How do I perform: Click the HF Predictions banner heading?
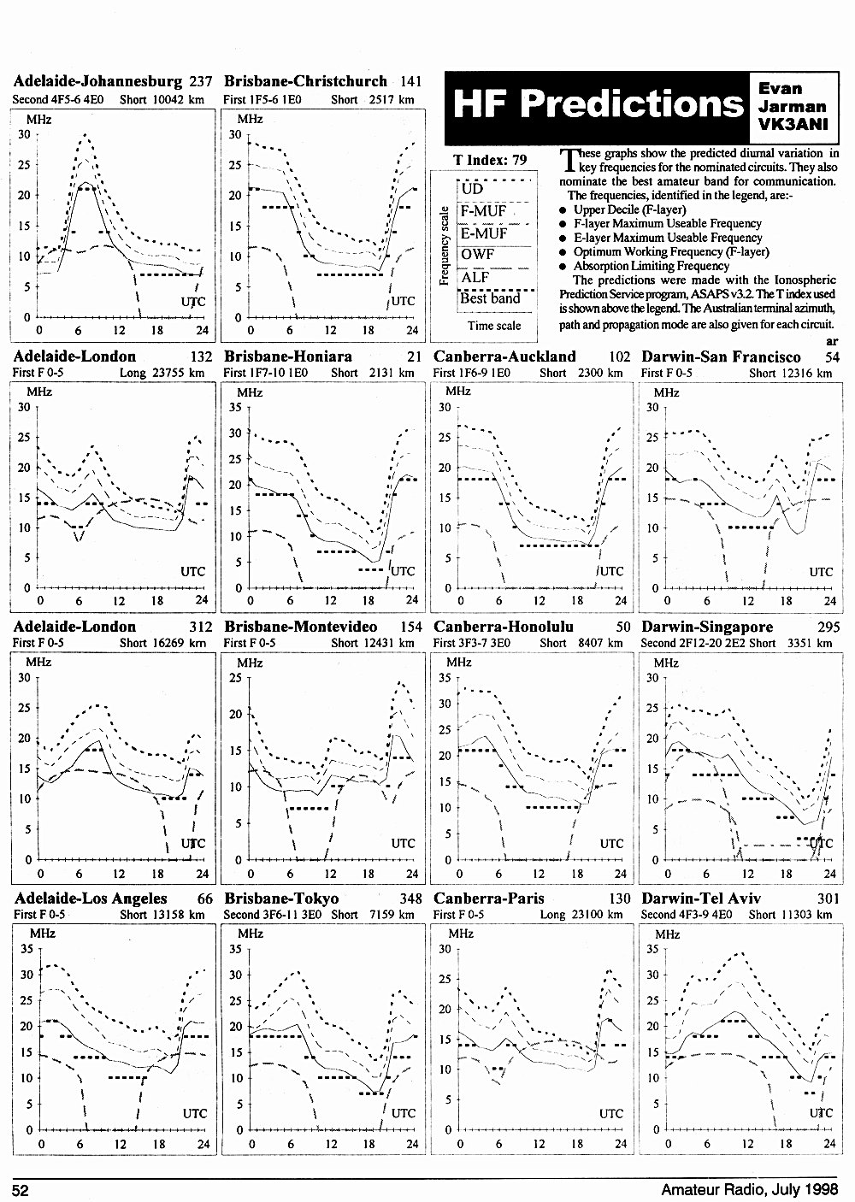pos(598,103)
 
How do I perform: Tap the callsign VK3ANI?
pos(793,124)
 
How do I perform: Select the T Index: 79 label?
pos(490,160)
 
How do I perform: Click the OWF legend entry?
pos(477,254)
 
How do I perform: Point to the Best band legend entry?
pos(490,298)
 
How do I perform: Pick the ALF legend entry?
pos(475,277)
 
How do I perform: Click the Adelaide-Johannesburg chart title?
pos(97,81)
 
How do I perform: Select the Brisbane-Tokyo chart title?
pos(281,899)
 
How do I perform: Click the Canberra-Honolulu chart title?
pos(504,627)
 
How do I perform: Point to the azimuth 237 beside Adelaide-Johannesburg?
pos(200,81)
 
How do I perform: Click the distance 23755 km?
pos(179,373)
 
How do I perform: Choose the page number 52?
pos(20,1191)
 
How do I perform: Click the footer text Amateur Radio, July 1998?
pos(750,1190)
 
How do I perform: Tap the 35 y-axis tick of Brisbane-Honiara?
pos(235,407)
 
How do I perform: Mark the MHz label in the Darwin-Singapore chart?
pos(666,663)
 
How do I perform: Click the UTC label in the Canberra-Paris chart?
pos(611,1114)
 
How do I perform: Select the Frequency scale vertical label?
pos(444,245)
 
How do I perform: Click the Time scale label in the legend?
pos(494,326)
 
